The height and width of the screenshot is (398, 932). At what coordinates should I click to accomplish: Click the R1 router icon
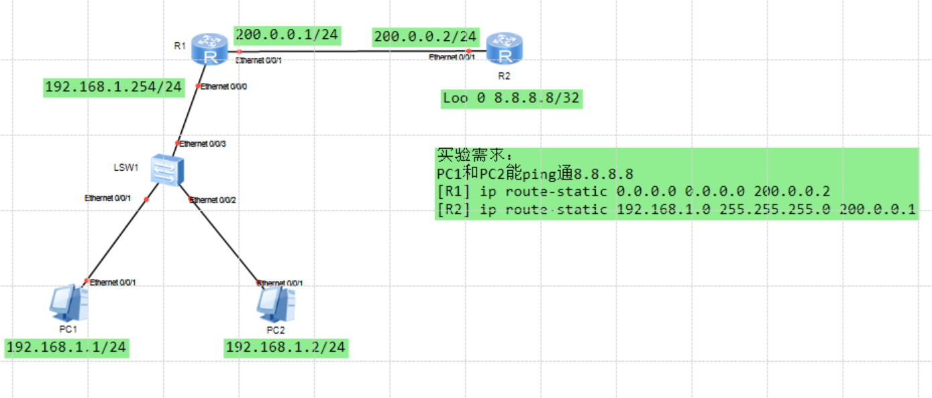pos(209,49)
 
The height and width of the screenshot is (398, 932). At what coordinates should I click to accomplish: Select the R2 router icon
pos(504,48)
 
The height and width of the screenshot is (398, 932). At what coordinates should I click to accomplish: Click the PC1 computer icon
pos(69,304)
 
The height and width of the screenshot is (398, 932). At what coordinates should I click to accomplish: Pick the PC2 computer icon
pos(276,305)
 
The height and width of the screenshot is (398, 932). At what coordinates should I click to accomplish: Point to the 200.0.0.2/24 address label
pos(425,36)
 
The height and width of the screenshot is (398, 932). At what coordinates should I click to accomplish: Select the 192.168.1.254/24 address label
pos(113,87)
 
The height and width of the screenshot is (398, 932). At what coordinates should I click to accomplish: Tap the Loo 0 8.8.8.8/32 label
pos(511,98)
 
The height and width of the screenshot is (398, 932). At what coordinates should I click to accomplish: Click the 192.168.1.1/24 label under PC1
pos(66,347)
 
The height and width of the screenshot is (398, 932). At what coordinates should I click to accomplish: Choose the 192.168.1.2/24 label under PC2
pos(286,347)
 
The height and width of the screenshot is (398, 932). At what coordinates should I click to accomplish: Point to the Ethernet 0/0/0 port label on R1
pos(224,86)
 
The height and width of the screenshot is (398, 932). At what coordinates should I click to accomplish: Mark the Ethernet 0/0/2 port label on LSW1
pos(213,200)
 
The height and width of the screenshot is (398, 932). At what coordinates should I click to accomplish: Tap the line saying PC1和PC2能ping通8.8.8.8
pos(535,174)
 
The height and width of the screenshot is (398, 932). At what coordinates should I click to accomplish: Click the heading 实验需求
pos(473,155)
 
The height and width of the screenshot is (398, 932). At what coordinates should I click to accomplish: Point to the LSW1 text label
pos(125,168)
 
